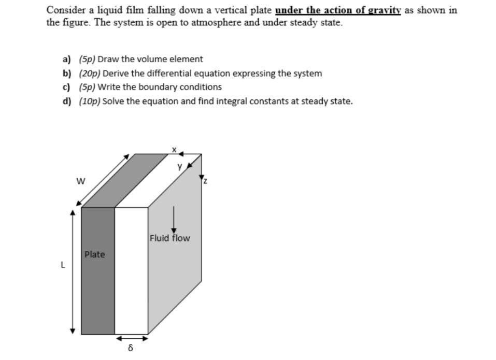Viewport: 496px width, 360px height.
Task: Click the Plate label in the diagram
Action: (94, 254)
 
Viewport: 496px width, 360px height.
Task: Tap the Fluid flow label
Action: (169, 238)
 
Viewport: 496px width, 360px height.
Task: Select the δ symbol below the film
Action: (130, 348)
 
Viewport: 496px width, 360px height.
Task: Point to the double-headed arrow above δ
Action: (132, 338)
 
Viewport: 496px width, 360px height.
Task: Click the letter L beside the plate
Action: (63, 265)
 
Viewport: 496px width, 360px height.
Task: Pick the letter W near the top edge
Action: (80, 181)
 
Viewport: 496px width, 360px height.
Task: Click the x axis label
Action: (175, 150)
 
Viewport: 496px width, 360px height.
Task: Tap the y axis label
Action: (180, 167)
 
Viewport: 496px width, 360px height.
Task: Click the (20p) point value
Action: (90, 74)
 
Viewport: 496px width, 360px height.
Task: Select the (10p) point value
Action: (90, 101)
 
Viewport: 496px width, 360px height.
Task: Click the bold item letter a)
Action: (67, 59)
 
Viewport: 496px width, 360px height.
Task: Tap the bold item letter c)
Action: (67, 87)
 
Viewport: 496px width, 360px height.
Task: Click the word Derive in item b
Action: (116, 74)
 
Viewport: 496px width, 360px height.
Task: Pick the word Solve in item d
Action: (113, 101)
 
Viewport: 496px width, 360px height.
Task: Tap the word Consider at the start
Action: (64, 10)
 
